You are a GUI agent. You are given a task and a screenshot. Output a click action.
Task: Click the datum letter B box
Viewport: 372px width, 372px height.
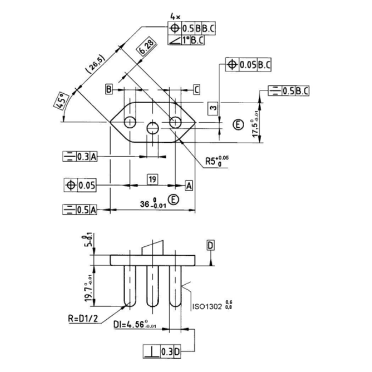point(110,89)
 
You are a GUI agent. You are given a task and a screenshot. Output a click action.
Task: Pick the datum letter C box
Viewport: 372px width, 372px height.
point(196,89)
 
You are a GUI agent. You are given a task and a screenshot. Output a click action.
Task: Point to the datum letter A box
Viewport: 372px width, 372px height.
point(189,185)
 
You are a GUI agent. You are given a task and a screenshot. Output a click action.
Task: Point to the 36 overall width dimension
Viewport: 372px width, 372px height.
point(153,204)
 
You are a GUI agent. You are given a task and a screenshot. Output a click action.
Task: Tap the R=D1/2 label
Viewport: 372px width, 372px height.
point(79,317)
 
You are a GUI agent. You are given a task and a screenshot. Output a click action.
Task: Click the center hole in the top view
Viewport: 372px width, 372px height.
point(152,128)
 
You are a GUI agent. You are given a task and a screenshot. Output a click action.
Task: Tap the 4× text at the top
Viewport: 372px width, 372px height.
point(175,17)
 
